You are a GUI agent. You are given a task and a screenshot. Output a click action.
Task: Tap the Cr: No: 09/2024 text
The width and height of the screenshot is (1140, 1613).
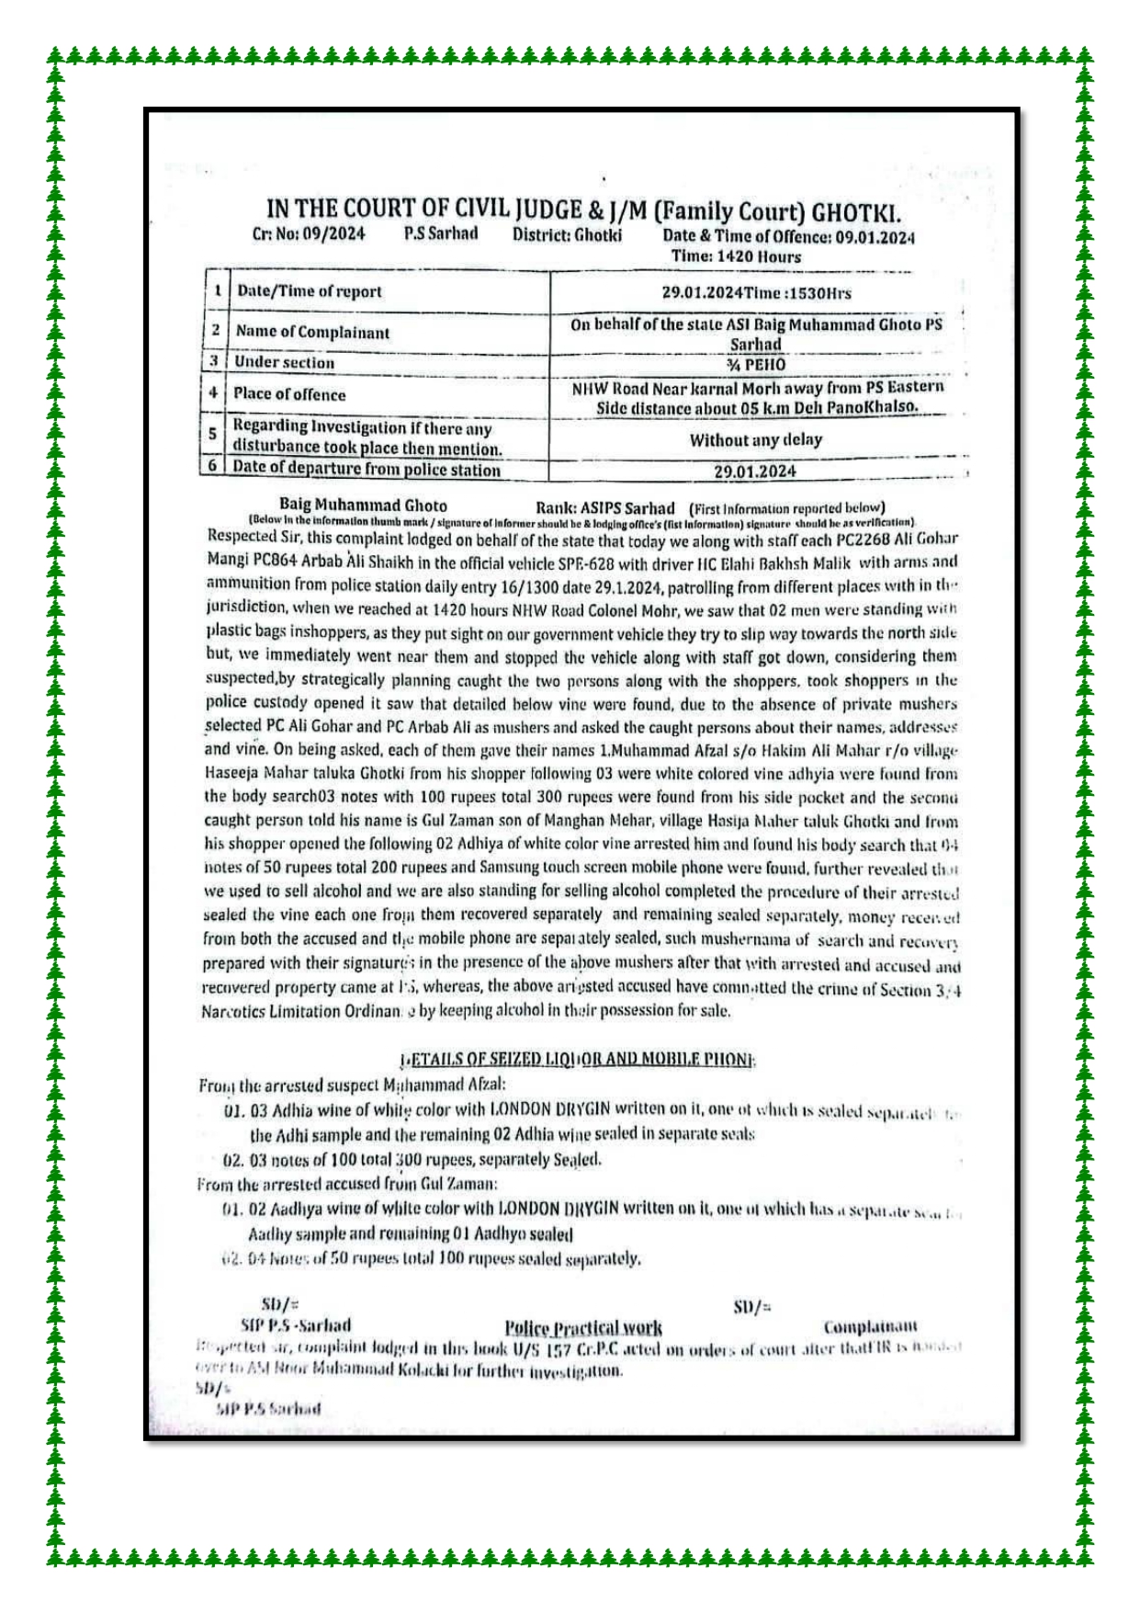tap(309, 233)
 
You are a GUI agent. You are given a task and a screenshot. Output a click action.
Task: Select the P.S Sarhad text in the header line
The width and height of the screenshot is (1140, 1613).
tap(441, 233)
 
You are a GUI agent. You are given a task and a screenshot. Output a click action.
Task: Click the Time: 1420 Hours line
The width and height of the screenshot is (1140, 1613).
tap(736, 256)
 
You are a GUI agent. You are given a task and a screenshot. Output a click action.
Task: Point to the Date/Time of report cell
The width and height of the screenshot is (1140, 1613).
tap(309, 291)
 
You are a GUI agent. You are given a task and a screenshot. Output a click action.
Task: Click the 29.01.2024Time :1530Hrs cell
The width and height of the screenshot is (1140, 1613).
tap(756, 293)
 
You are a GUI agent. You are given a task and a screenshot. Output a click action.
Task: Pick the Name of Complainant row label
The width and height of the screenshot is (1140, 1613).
tap(312, 332)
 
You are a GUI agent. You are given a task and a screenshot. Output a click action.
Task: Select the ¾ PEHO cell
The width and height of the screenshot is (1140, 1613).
tap(756, 364)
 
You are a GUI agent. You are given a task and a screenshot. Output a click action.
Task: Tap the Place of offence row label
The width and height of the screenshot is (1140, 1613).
tap(289, 394)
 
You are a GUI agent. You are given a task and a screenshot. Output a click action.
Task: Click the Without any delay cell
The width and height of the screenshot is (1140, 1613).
tap(756, 440)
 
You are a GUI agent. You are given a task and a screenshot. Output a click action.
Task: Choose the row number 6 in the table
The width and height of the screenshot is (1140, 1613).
tap(213, 466)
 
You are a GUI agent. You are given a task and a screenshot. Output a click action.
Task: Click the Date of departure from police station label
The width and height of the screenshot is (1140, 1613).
tap(367, 469)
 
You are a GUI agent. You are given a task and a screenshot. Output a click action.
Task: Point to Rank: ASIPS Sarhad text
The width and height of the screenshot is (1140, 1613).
tap(604, 507)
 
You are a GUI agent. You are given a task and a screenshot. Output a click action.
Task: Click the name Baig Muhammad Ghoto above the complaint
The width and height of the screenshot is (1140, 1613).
tap(363, 505)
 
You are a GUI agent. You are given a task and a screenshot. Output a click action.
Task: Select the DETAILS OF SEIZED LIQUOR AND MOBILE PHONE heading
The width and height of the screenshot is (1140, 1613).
tap(578, 1060)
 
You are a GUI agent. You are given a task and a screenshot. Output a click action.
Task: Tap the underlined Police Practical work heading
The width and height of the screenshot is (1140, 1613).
tap(582, 1327)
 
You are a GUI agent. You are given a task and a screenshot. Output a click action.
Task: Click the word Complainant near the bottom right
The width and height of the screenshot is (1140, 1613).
tap(870, 1326)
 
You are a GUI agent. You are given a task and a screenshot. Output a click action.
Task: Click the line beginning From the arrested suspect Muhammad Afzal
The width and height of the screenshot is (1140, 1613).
tap(352, 1085)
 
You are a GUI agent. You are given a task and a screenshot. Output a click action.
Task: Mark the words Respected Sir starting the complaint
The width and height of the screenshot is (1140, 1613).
tap(242, 536)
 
